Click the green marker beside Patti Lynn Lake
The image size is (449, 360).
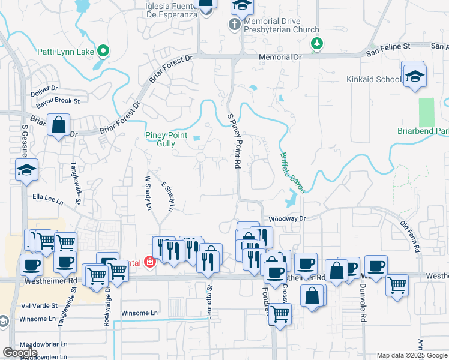pos(104,52)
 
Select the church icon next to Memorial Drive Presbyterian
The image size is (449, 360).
pos(235,25)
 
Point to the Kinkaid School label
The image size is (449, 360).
pos(373,79)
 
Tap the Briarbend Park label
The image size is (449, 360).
pos(423,131)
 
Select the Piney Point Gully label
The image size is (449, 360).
pos(160,139)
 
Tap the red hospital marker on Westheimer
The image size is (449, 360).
pos(149,262)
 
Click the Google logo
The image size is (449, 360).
pos(20,353)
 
